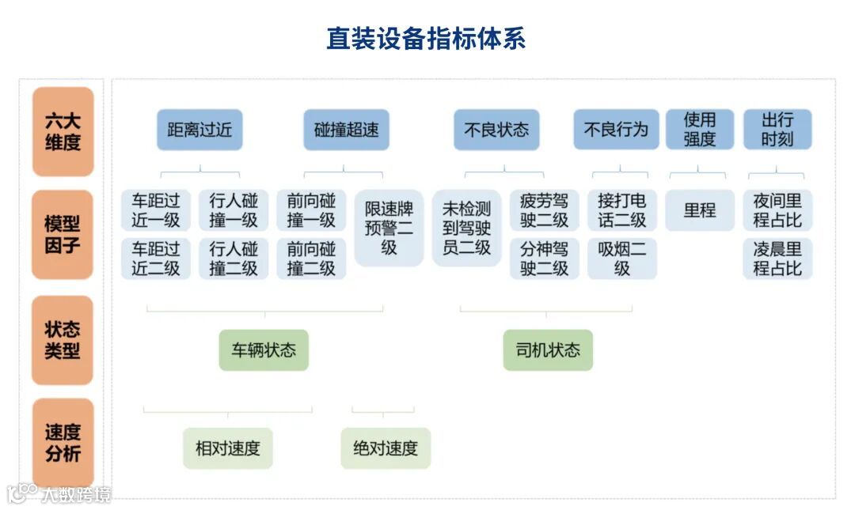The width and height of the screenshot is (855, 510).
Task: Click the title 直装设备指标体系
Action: [426, 39]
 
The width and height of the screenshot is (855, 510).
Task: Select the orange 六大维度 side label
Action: [63, 132]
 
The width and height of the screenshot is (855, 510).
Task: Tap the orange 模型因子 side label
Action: [63, 234]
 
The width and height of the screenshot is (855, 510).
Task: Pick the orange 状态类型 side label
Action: [63, 340]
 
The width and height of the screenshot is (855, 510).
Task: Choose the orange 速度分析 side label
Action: [63, 443]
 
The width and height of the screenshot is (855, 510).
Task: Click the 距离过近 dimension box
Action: [199, 130]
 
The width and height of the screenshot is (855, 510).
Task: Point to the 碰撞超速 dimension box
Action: [346, 130]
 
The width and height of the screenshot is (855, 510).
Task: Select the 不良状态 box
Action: [496, 130]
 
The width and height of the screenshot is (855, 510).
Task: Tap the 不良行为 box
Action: [616, 130]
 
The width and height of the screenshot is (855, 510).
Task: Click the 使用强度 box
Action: [699, 130]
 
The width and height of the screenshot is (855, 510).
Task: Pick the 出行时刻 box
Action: [777, 130]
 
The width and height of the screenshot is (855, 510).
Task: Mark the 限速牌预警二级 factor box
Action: [389, 229]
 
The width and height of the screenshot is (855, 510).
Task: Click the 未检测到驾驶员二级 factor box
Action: [466, 229]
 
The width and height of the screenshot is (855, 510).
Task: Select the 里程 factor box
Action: [699, 210]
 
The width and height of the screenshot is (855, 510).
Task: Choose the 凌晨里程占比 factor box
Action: [777, 259]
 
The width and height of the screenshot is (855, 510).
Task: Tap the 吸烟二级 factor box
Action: [621, 259]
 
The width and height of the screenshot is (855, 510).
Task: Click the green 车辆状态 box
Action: [264, 350]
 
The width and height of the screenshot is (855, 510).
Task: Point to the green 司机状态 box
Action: [548, 350]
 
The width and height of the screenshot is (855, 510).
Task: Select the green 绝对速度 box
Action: [386, 448]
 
